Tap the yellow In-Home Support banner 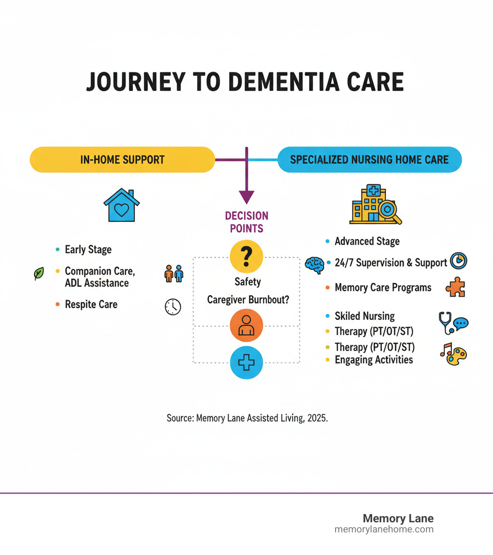[x=122, y=159]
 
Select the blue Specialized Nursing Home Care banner [x=369, y=159]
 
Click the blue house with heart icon [x=121, y=205]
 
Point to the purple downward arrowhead [x=246, y=197]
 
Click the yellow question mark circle [x=246, y=257]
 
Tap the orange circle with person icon [x=246, y=325]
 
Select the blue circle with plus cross [x=246, y=363]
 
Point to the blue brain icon [x=315, y=265]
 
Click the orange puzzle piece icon [x=455, y=288]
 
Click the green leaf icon [x=39, y=274]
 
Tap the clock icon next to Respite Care [x=173, y=306]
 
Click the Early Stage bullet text [x=88, y=250]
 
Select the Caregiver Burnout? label [x=247, y=299]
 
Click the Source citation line [x=247, y=418]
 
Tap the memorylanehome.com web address [x=384, y=529]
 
